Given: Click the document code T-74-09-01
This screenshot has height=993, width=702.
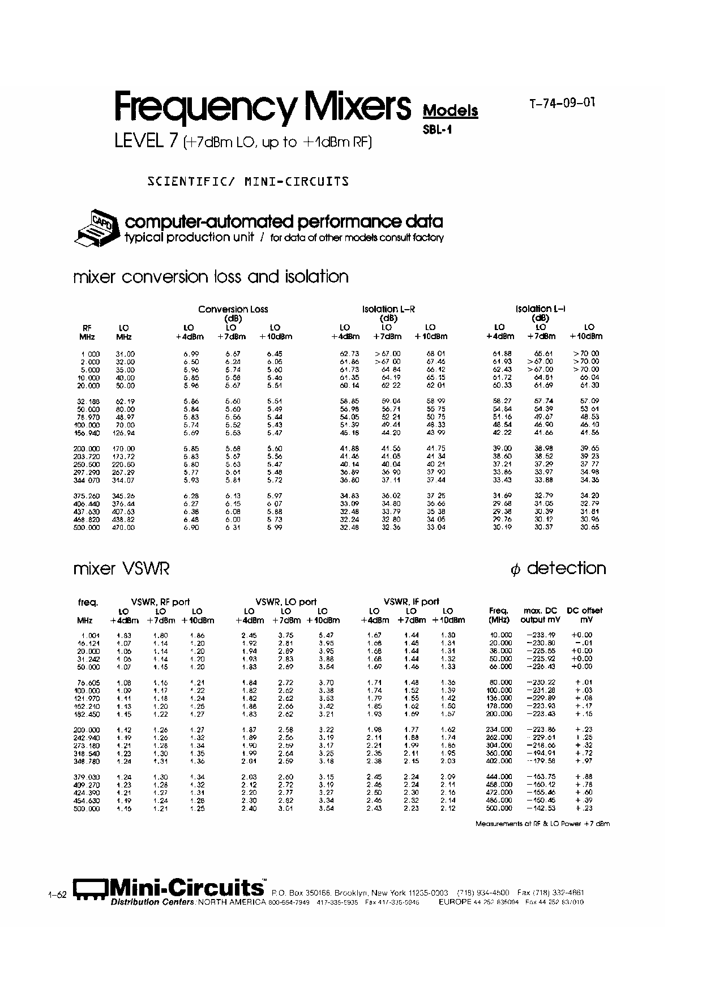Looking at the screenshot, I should [x=562, y=103].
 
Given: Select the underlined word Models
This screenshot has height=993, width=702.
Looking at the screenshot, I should [x=450, y=111].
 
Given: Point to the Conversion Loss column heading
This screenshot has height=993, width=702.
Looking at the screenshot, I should [x=233, y=309].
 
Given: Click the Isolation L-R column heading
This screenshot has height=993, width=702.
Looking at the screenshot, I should [x=388, y=309].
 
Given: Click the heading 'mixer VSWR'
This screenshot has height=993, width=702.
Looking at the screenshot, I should [x=121, y=569].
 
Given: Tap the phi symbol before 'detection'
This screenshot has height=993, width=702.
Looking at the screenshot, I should [x=515, y=570].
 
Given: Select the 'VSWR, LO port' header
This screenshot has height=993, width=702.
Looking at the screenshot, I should [x=286, y=602].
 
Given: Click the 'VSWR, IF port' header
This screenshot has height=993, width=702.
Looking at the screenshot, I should [x=411, y=602].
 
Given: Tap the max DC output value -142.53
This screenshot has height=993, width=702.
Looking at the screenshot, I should [x=541, y=808].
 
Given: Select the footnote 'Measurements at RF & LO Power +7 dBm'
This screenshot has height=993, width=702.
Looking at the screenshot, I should [x=543, y=824].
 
